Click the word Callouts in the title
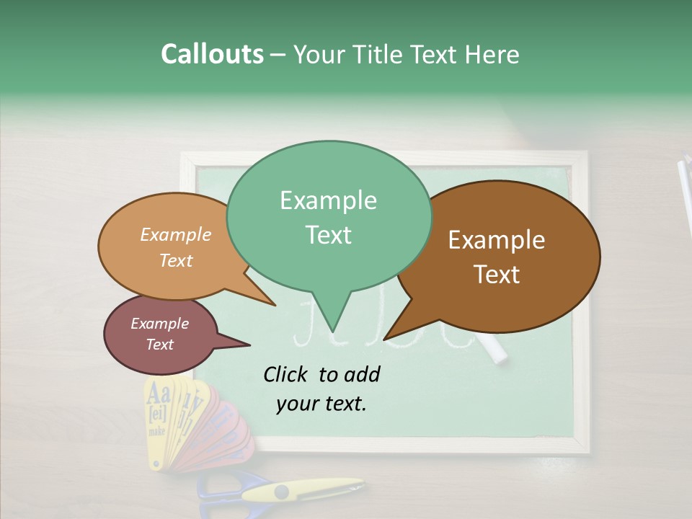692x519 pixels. coord(212,55)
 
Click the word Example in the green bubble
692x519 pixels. coord(329,200)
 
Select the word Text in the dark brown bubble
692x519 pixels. coord(497,275)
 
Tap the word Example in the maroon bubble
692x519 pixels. coord(160,324)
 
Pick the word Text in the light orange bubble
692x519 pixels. coord(176,261)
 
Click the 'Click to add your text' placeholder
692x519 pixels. coord(321,389)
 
